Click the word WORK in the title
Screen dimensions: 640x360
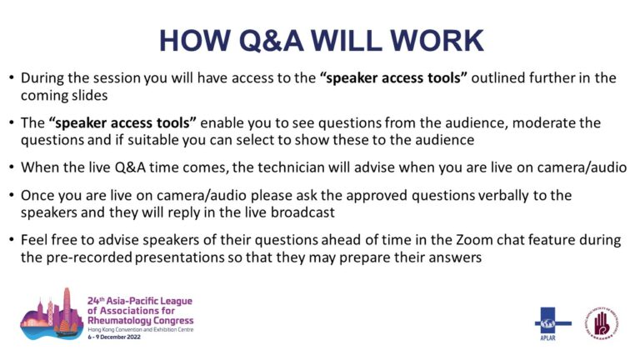pos(437,40)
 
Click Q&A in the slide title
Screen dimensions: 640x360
pos(271,40)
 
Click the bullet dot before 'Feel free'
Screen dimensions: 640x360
pos(12,239)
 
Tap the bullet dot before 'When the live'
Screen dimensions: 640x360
pos(12,167)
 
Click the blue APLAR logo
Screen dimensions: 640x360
pos(552,323)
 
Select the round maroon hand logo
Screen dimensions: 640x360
pos(601,322)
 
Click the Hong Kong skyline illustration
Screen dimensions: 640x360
pos(52,314)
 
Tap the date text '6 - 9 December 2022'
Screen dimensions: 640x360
pos(114,337)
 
